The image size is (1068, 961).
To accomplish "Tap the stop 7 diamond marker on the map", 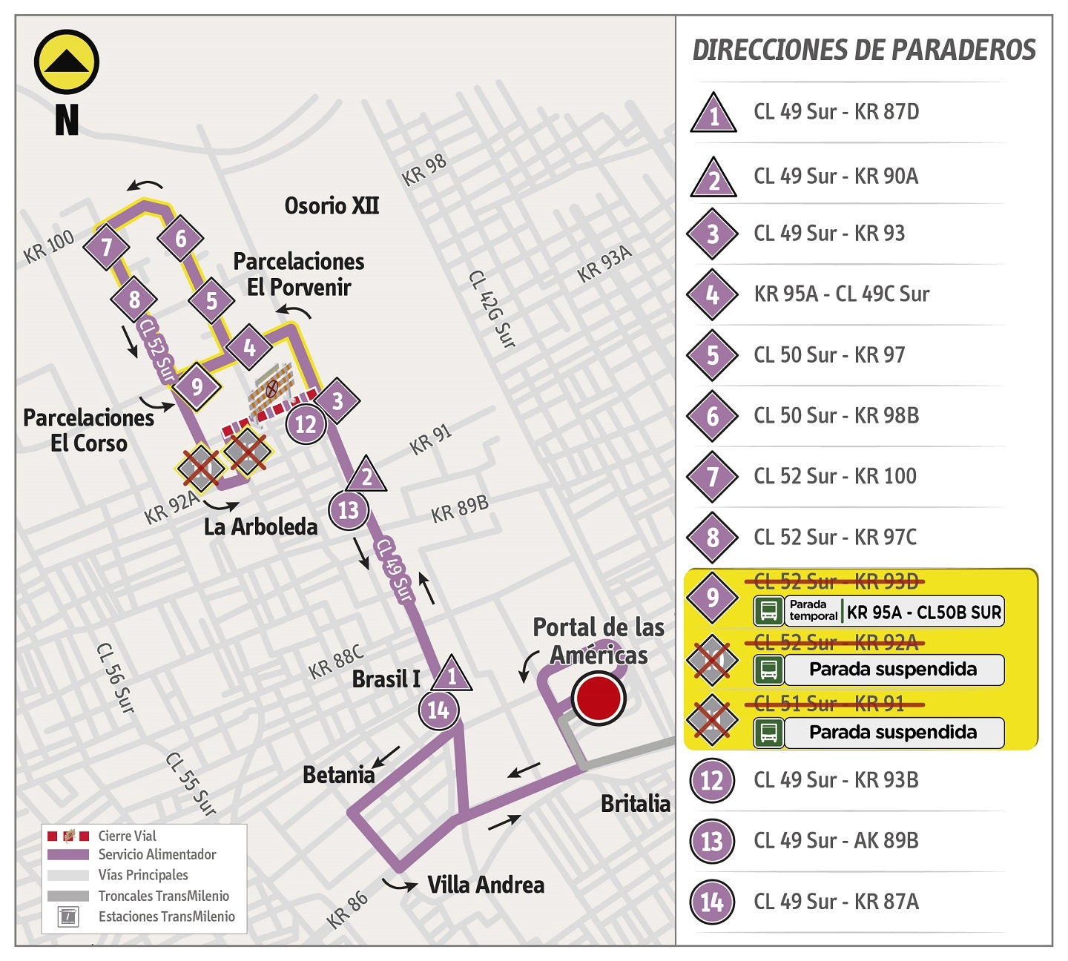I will pos(107,247).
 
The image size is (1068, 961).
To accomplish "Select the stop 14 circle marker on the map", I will pos(438,710).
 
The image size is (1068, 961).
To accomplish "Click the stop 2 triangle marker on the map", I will pos(366,476).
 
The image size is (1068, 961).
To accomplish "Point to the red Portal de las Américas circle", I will pos(599,699).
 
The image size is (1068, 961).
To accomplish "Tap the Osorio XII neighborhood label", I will pos(332,205).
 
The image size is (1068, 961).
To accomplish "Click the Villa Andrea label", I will pos(486,885).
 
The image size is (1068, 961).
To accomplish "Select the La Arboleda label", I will pos(260,526).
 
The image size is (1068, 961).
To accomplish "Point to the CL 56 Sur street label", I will pos(116,678).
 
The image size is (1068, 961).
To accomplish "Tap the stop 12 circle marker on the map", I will pos(306,425).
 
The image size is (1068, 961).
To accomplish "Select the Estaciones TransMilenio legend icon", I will pos(68,917).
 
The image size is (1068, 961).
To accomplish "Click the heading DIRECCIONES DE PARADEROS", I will pos(863,50).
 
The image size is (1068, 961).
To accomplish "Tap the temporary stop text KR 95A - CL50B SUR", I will pos(923,612).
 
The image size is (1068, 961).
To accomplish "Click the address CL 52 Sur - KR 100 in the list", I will pos(835,476).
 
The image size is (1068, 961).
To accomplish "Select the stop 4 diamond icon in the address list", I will pos(712,294).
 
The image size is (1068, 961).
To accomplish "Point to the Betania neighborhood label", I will pos(339,775).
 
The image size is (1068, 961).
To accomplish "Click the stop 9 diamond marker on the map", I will pos(197,386).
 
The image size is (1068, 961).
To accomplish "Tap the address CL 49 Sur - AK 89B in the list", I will pos(836,841).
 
